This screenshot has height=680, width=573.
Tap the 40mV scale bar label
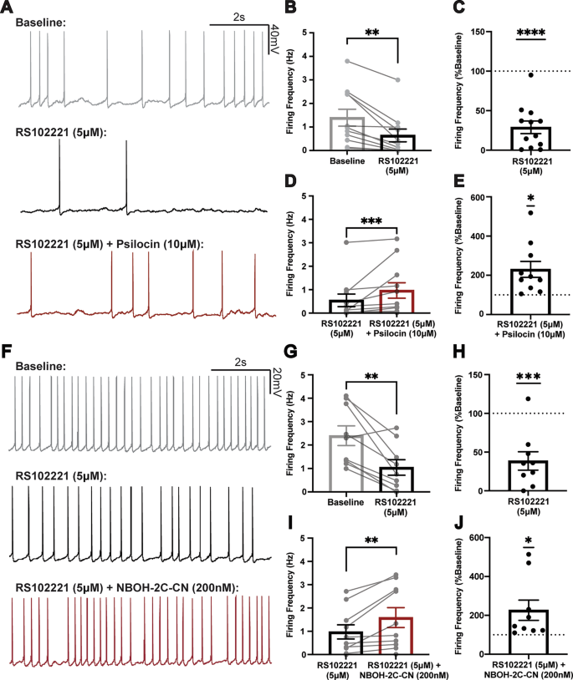[x=274, y=41]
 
